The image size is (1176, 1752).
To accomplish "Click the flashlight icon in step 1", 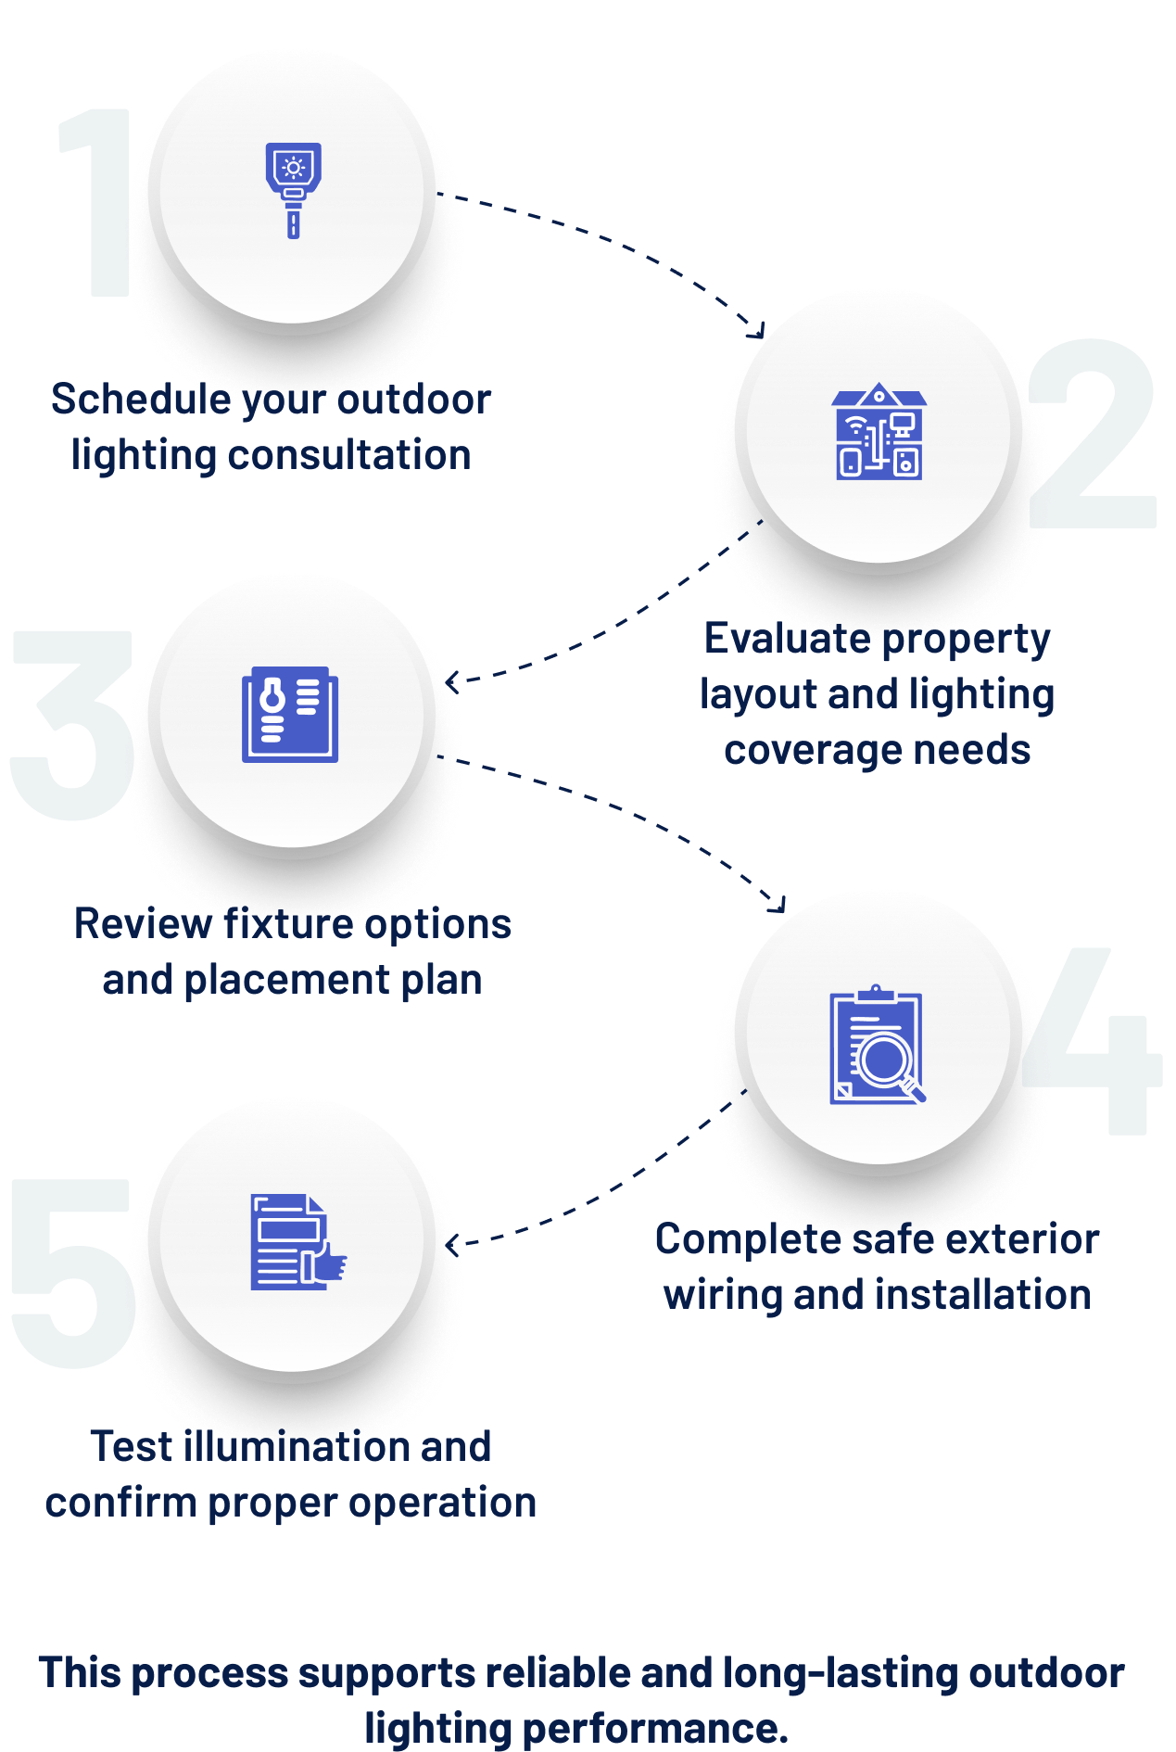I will point(293,190).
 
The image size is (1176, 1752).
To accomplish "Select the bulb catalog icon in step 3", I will point(290,714).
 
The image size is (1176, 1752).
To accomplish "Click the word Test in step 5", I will point(132,1446).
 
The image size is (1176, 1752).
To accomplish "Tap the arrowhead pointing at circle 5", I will point(451,1244).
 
